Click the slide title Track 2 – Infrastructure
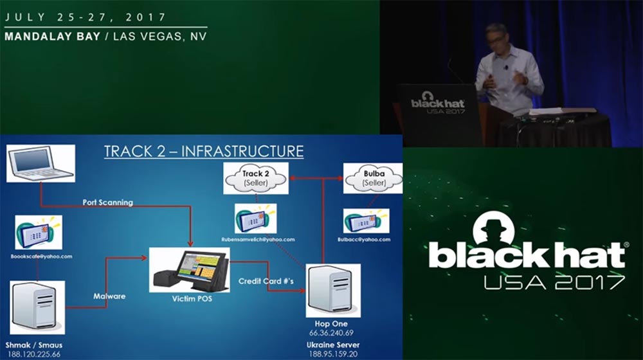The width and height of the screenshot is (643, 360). (203, 152)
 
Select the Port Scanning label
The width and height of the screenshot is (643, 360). (107, 202)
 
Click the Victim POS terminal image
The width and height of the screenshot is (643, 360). (190, 269)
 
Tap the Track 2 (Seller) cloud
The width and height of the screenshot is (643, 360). (256, 177)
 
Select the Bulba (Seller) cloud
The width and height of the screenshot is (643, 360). (372, 177)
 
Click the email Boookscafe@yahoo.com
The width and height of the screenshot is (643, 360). (41, 256)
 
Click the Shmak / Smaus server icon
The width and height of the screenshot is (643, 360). (37, 307)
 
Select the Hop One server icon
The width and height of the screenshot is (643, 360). (332, 291)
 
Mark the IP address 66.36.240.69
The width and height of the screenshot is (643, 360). (332, 333)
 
